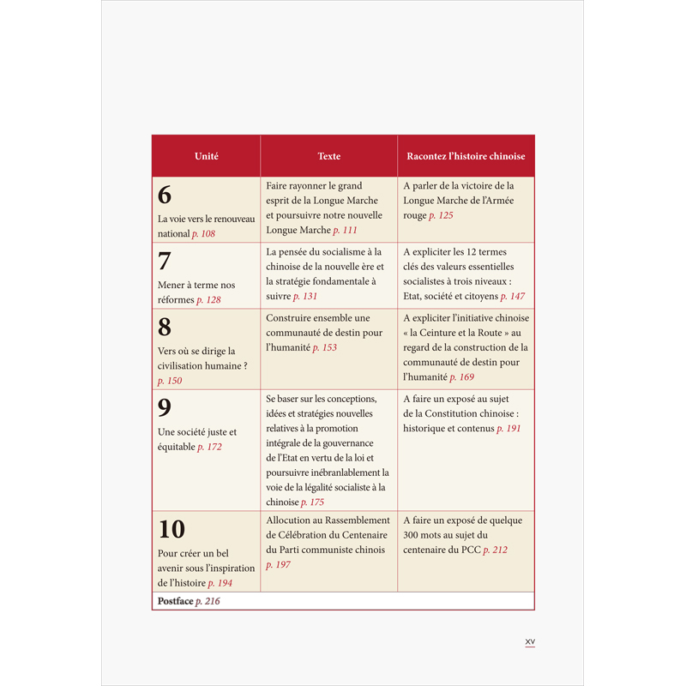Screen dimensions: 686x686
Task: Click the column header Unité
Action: click(206, 156)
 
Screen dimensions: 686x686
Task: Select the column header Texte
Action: click(328, 156)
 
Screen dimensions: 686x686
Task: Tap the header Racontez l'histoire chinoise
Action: click(466, 156)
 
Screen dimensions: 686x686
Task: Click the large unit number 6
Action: click(165, 195)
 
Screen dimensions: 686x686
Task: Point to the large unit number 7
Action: click(165, 261)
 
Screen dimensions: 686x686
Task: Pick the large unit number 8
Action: click(165, 327)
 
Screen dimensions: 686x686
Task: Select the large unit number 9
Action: click(165, 407)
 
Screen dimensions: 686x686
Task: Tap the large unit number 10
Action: click(171, 529)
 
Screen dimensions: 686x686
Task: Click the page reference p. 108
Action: click(203, 233)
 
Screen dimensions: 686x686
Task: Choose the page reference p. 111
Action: click(345, 230)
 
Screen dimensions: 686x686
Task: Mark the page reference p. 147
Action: click(513, 296)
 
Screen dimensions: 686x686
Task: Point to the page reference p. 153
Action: click(324, 346)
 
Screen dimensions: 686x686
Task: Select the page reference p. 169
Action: click(462, 376)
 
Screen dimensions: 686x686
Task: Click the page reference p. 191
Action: click(508, 428)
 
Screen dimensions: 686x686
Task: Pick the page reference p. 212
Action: click(496, 550)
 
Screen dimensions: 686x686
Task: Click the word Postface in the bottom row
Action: click(175, 601)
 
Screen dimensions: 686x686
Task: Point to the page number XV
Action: click(529, 641)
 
